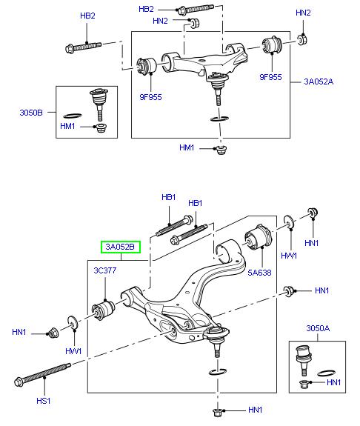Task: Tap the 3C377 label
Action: (104, 270)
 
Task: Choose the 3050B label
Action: (31, 113)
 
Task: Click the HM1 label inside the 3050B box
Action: (67, 128)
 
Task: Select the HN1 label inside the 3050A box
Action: (333, 382)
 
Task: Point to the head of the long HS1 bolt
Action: (20, 382)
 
